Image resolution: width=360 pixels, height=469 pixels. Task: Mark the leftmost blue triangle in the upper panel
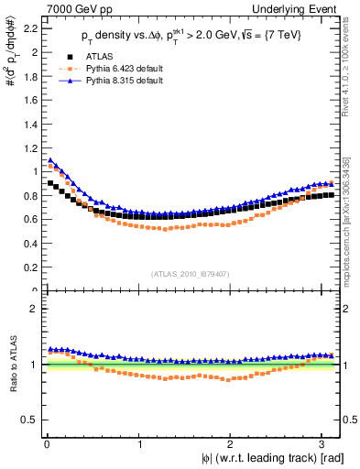[50, 160]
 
